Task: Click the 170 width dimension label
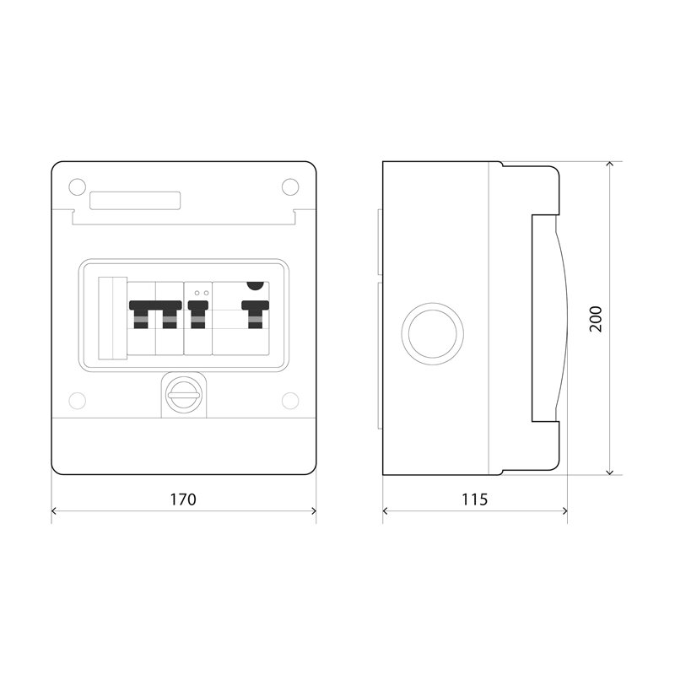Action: click(x=183, y=499)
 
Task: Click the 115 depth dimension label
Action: click(x=475, y=499)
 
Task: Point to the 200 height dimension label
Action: click(x=596, y=319)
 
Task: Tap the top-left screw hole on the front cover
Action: click(x=77, y=186)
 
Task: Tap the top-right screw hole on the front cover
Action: click(x=290, y=186)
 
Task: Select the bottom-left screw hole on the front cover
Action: click(x=77, y=401)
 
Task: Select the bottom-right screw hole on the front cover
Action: click(x=290, y=401)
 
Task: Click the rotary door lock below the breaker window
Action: click(x=184, y=395)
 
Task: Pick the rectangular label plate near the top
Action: click(x=135, y=201)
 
